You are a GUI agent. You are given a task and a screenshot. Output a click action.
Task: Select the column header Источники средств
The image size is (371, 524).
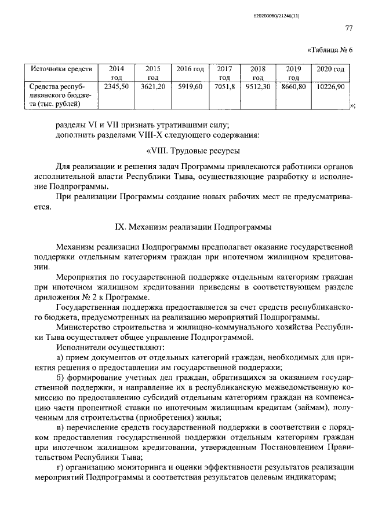[57, 69]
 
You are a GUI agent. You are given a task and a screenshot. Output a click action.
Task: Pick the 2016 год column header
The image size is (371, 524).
[190, 69]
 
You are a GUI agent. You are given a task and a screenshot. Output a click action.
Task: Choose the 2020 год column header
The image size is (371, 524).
[330, 69]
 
